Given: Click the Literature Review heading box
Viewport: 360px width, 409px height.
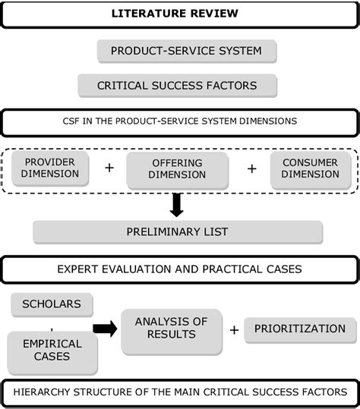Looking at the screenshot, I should [x=180, y=14].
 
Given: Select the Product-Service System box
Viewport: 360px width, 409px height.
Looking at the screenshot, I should [x=186, y=52].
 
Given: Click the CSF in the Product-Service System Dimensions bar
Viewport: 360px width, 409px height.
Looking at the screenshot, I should [x=180, y=122].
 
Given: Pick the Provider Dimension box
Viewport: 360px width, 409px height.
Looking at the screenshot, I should [x=51, y=168].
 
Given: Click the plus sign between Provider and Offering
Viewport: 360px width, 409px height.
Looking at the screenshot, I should [x=109, y=168].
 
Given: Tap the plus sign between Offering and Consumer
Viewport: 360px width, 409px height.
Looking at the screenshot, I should [x=251, y=168].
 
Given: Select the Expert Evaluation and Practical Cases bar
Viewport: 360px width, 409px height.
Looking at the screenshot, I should [x=180, y=269].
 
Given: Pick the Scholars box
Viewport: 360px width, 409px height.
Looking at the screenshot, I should [x=52, y=305].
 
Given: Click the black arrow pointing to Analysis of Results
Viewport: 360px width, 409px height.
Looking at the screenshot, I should [x=106, y=329].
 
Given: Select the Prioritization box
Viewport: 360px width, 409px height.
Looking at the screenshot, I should [x=300, y=329].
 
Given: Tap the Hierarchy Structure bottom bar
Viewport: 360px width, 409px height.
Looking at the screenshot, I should [x=180, y=392].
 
